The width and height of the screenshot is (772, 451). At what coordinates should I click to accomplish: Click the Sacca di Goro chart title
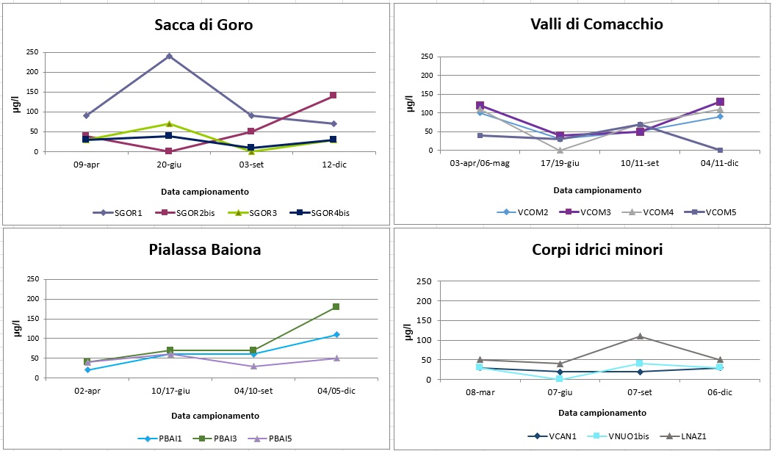(203, 25)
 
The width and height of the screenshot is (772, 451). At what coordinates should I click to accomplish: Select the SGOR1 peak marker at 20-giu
(169, 56)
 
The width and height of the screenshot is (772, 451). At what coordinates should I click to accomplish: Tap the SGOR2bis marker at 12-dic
(333, 95)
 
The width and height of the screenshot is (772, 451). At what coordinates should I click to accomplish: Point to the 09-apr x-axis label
(87, 165)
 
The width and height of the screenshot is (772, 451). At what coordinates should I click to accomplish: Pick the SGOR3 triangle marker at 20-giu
(169, 123)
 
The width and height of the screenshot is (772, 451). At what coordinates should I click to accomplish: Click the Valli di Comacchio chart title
(596, 24)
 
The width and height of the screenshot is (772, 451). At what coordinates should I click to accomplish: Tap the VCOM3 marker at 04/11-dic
(720, 101)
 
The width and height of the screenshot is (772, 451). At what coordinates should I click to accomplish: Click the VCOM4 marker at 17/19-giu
(560, 150)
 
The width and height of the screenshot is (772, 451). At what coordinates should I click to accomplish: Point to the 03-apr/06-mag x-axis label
(480, 162)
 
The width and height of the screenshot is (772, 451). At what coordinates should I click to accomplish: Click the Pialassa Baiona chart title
(203, 250)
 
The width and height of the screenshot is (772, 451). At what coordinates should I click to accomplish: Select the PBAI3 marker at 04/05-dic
(336, 306)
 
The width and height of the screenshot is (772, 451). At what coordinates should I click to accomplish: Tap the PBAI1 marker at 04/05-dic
(336, 334)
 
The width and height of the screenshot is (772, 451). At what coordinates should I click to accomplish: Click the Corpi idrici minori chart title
(596, 250)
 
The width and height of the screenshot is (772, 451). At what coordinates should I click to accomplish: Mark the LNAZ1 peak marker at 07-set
(640, 336)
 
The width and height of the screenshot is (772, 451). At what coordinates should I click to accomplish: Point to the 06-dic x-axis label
(720, 393)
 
